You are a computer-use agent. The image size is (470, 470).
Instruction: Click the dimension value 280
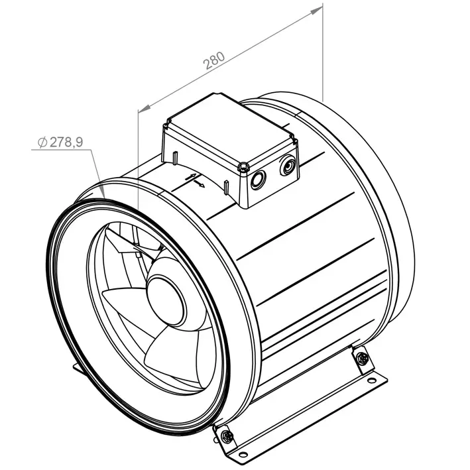213,60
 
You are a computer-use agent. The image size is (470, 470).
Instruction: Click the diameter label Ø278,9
60,142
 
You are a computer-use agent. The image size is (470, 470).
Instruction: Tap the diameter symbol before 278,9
42,143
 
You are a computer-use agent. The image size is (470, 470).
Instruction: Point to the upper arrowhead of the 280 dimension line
316,11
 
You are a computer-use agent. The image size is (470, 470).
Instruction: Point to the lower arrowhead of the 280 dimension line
145,108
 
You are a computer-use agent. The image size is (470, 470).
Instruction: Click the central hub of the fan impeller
165,300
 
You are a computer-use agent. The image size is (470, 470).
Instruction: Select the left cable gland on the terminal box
258,180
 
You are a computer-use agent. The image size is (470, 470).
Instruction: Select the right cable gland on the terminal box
288,165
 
